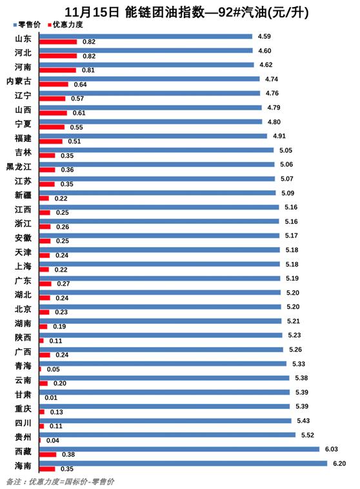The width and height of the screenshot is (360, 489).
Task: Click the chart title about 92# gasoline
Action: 180,11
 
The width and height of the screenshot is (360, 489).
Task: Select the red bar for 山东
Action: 57,42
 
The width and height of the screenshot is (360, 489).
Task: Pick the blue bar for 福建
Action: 153,136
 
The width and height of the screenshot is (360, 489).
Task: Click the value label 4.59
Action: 264,37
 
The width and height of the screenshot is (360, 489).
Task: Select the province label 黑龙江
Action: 18,166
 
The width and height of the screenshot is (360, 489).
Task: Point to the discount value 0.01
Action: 52,398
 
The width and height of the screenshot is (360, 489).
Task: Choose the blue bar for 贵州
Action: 167,435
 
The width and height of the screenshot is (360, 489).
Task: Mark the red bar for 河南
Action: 57,70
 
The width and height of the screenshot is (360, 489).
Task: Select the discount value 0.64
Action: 80,85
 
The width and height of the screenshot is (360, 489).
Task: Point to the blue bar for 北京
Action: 160,307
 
